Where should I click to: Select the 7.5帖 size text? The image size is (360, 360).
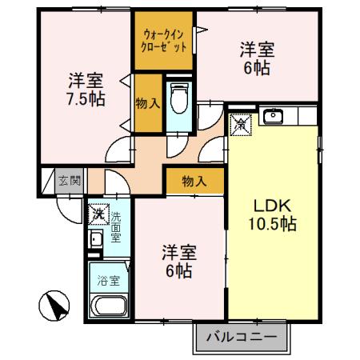84,100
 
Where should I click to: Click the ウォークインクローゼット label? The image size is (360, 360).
165,41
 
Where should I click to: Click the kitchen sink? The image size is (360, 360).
273,118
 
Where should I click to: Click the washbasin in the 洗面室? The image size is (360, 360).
95,239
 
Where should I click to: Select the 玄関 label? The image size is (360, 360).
69,180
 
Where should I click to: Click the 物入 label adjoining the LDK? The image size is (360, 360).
194,182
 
